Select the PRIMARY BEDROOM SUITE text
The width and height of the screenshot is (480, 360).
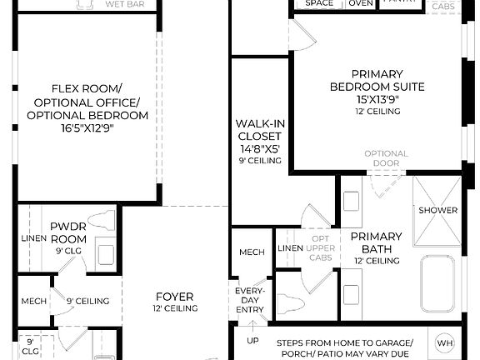(x=377, y=80)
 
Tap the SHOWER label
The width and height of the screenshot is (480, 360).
(x=437, y=210)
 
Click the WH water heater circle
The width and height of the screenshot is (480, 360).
(x=444, y=343)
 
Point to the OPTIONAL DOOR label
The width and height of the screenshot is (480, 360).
(x=386, y=158)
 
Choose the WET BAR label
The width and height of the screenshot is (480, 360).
(x=122, y=4)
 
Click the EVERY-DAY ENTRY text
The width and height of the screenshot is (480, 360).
(x=250, y=301)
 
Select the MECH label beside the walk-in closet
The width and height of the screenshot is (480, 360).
(x=252, y=252)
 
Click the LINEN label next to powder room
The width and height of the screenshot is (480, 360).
(x=27, y=239)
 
